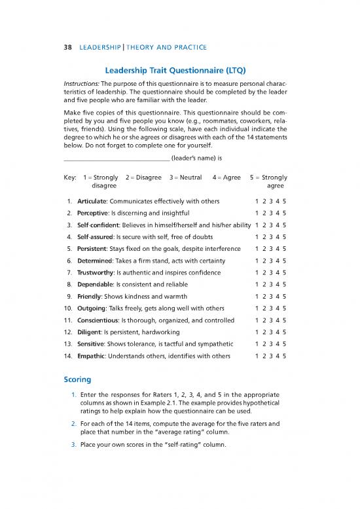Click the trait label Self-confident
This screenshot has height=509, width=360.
click(98, 226)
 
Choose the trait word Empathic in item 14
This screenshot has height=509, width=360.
click(92, 356)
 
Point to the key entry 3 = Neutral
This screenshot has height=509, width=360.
click(185, 177)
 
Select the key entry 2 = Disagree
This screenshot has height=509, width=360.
click(143, 177)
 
